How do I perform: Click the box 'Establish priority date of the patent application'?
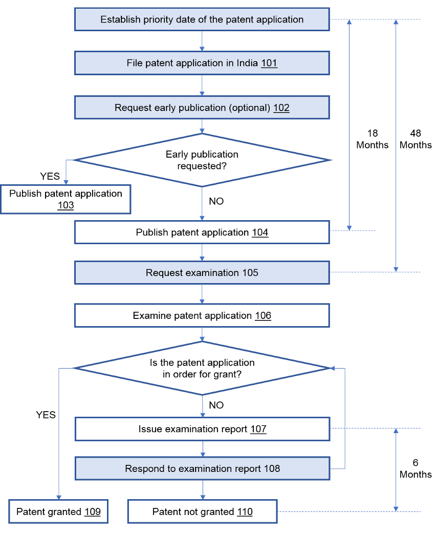202,19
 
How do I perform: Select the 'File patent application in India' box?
202,63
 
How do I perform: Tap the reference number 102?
281,108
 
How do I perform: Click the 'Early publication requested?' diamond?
202,160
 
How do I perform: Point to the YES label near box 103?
50,177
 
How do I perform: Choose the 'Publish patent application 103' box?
65,199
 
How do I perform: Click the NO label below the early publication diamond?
216,201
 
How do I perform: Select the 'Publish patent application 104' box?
202,232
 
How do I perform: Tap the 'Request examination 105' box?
202,273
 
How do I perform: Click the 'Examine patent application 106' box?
202,315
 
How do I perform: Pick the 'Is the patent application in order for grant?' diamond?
202,368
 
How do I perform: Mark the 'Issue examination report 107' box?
202,429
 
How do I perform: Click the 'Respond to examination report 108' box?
202,468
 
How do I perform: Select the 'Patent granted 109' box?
58,512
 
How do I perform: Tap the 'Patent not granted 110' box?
202,512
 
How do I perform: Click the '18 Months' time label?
373,139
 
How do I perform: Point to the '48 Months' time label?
416,139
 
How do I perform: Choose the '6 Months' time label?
416,468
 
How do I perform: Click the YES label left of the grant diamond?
46,415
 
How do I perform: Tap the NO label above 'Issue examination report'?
216,405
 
